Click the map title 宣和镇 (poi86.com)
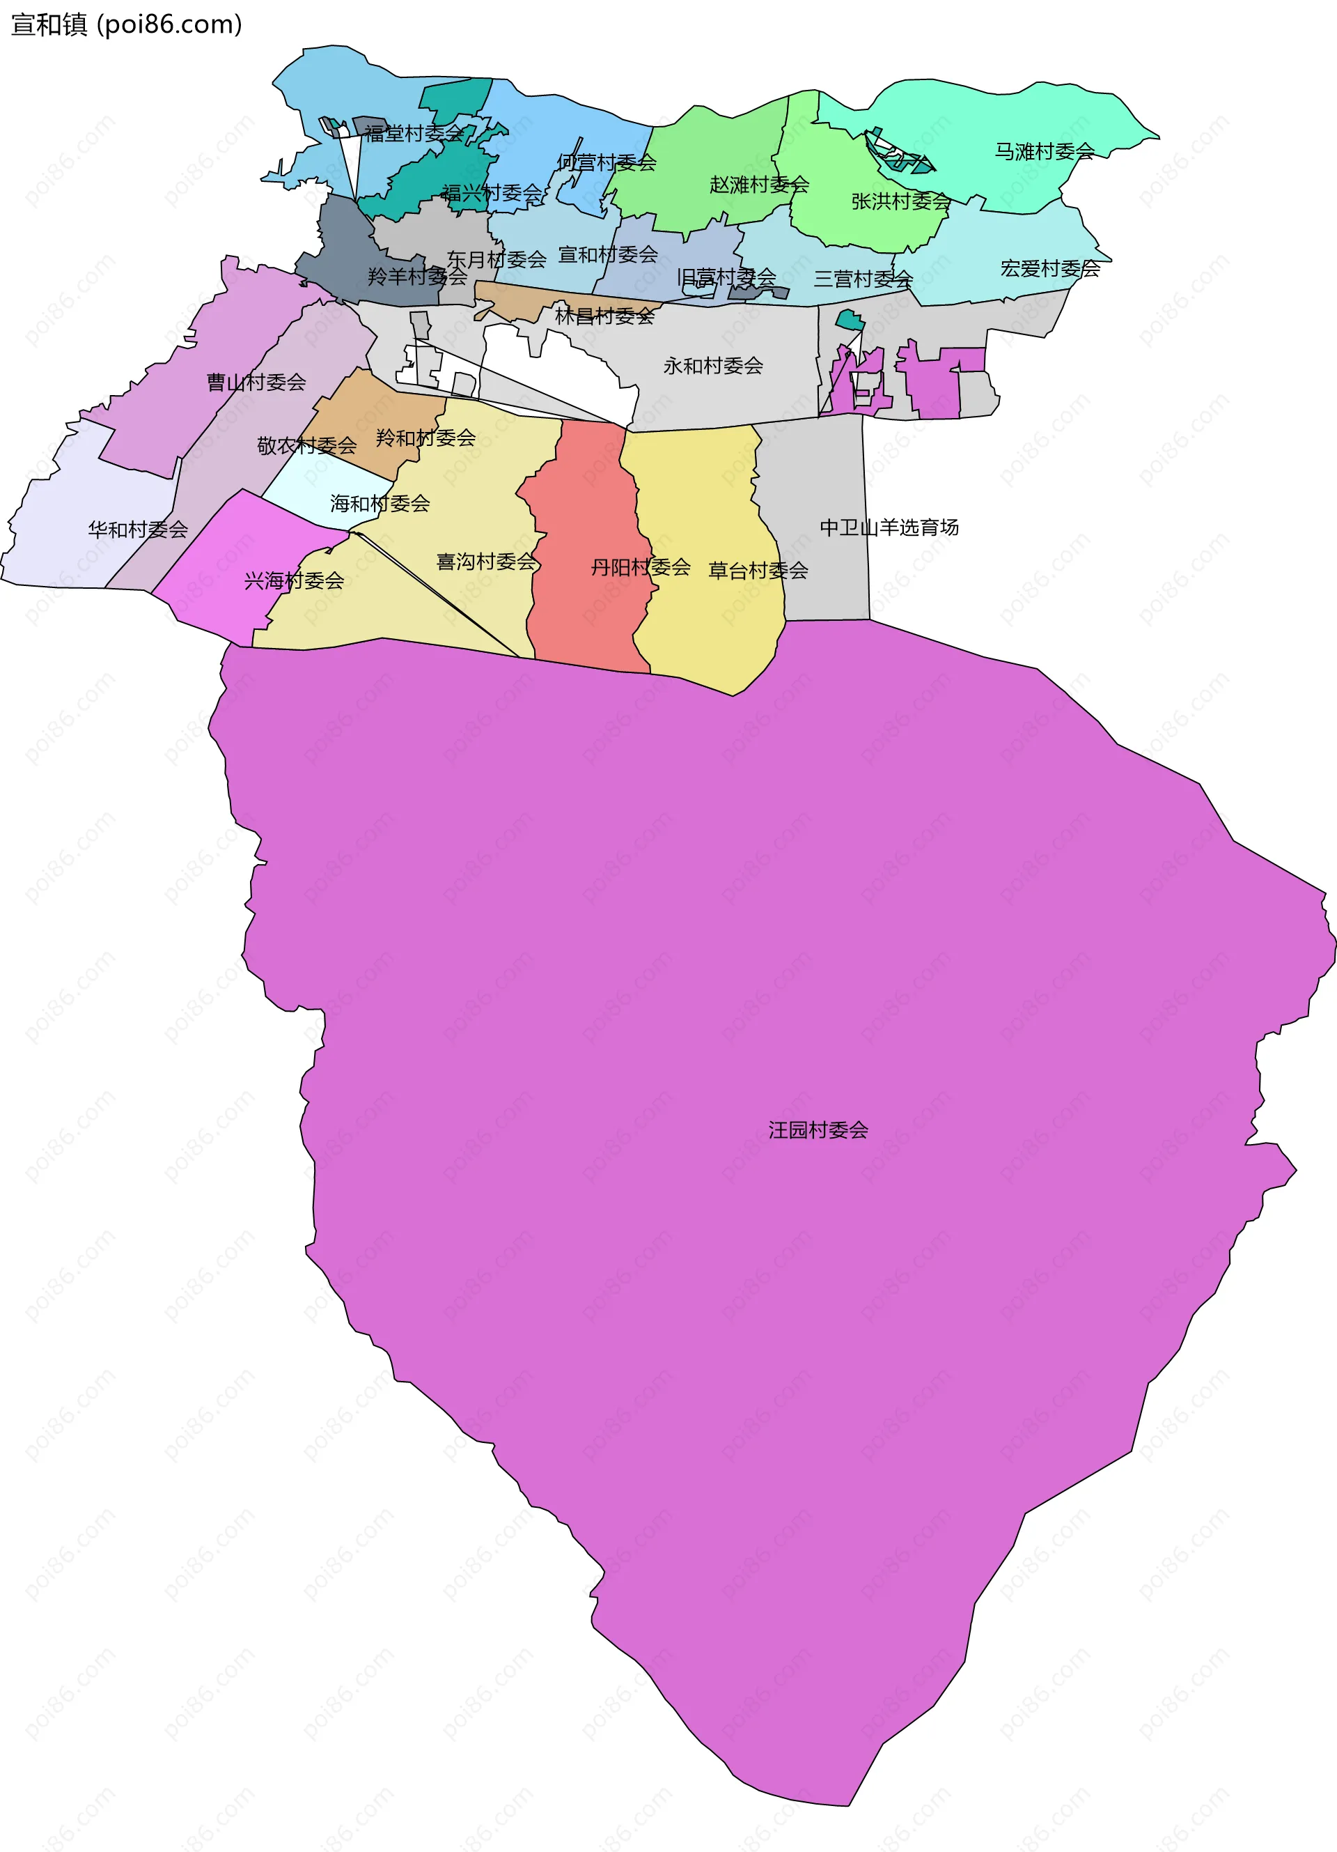[127, 24]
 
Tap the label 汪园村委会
[818, 1130]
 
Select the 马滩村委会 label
[1044, 151]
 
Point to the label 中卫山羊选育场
[889, 527]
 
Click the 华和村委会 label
[138, 530]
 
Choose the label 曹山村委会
[256, 382]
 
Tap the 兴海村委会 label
[294, 580]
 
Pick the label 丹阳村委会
[641, 566]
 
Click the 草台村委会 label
[758, 571]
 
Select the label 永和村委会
[712, 366]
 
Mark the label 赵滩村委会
[759, 185]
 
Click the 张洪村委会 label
[901, 201]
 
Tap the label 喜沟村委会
[487, 562]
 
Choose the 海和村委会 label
[380, 504]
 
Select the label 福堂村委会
[414, 133]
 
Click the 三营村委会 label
[863, 279]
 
